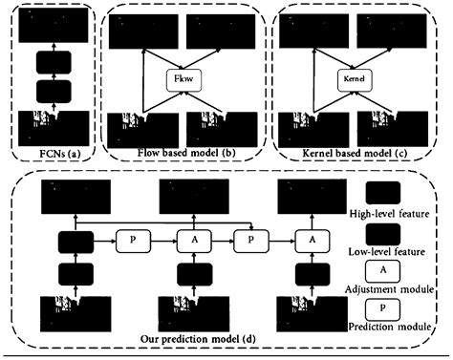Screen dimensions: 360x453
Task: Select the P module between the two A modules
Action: (x=250, y=239)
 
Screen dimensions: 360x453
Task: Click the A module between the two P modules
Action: (x=188, y=239)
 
